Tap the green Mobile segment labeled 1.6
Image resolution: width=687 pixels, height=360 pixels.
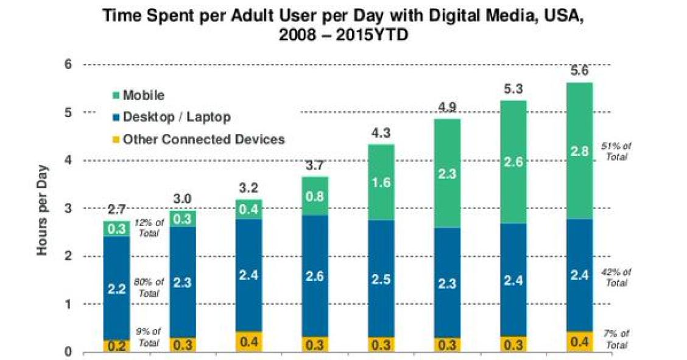(x=381, y=182)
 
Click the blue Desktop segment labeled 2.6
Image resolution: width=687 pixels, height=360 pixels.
(x=314, y=276)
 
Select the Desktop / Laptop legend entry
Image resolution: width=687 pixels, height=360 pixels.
(x=175, y=117)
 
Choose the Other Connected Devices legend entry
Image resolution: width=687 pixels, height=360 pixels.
(x=202, y=139)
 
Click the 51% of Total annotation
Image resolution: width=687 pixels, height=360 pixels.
(x=616, y=151)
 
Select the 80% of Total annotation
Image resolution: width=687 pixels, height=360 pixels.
(x=150, y=288)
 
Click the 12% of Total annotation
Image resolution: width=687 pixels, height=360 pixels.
(x=149, y=228)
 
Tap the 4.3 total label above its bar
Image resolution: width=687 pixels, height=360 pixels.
(x=381, y=133)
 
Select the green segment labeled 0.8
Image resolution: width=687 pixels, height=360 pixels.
(x=314, y=196)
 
